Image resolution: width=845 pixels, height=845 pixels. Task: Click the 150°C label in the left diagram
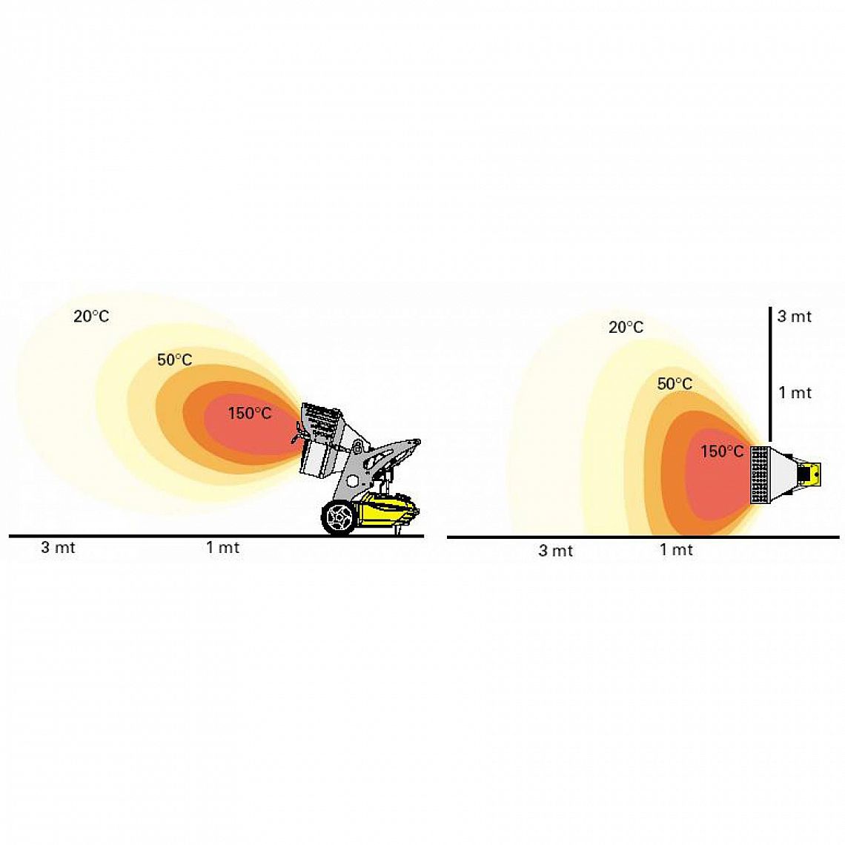[250, 414]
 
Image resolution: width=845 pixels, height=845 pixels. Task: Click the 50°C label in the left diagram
[175, 359]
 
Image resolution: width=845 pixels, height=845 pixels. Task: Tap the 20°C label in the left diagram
[91, 317]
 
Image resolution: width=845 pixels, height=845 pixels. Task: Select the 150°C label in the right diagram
[722, 451]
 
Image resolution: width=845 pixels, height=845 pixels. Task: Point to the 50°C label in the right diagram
[675, 384]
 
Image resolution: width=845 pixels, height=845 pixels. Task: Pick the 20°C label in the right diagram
[626, 327]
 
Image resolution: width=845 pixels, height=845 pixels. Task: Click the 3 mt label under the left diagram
[59, 548]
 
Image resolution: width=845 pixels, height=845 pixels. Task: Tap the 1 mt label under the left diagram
[222, 548]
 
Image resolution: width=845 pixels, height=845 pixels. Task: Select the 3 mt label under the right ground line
[556, 550]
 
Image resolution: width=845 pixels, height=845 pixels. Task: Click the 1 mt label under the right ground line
[676, 550]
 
